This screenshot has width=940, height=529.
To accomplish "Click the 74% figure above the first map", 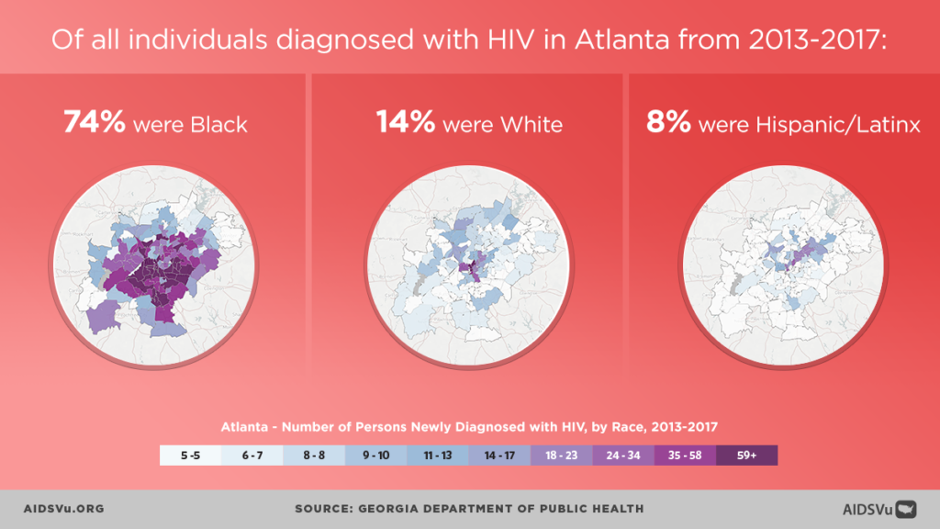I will click(x=95, y=123).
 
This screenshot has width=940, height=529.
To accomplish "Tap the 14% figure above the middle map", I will click(x=405, y=123).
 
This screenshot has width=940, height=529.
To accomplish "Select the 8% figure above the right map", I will click(x=667, y=123).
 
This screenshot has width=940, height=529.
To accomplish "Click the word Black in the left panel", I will click(x=219, y=124).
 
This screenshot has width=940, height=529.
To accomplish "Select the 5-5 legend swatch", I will click(x=191, y=456).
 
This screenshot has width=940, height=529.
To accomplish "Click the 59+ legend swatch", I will click(x=746, y=456).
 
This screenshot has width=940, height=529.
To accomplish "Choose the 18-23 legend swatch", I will click(x=561, y=456).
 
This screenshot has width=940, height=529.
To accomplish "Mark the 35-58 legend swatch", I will click(x=685, y=456).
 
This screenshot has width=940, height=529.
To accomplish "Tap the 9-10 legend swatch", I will click(x=376, y=456).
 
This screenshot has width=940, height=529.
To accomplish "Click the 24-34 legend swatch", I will click(x=622, y=456).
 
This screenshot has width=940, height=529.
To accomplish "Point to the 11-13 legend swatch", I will click(x=437, y=456).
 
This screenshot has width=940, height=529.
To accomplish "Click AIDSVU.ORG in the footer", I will click(x=62, y=509).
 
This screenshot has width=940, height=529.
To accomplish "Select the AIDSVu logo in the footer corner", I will click(x=879, y=509).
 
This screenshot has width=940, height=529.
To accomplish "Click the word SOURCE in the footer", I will click(x=325, y=509).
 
